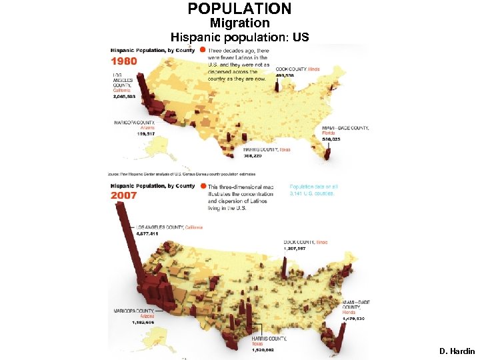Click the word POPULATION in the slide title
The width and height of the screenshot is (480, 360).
(x=239, y=9)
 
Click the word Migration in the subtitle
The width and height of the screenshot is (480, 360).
(x=239, y=23)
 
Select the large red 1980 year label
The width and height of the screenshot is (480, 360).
(x=124, y=61)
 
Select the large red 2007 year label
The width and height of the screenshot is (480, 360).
(x=124, y=195)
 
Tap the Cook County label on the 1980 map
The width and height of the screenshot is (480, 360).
(x=298, y=69)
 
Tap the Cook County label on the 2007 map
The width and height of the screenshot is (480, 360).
(x=305, y=242)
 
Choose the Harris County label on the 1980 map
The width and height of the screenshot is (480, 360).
(x=267, y=150)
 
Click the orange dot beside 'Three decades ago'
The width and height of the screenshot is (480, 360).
(x=203, y=51)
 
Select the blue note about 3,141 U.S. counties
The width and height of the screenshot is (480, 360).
(x=312, y=190)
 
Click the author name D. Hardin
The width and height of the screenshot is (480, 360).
(x=457, y=351)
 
